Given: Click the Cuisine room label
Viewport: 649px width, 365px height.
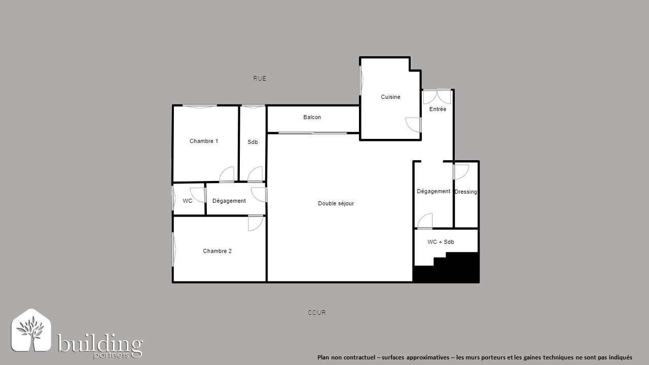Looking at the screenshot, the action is point(390,97).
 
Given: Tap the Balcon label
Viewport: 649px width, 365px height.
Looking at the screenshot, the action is point(312,117).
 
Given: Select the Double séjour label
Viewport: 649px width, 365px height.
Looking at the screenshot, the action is point(336,203).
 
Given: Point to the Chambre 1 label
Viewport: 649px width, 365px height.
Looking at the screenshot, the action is point(204,141).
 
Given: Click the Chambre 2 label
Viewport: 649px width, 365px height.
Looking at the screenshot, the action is point(218,251).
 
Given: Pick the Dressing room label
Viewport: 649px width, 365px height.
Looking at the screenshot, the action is point(465,192).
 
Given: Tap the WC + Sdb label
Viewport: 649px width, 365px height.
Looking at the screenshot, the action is point(441,242).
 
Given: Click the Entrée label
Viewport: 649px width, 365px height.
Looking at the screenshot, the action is point(438,109).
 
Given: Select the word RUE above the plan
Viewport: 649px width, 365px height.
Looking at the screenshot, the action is point(260,78).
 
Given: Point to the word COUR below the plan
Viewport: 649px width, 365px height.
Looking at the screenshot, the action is point(317,313).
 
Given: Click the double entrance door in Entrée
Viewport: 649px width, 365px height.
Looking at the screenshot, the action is point(437,96).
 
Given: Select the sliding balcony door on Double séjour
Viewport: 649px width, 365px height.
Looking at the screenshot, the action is point(313,133).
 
